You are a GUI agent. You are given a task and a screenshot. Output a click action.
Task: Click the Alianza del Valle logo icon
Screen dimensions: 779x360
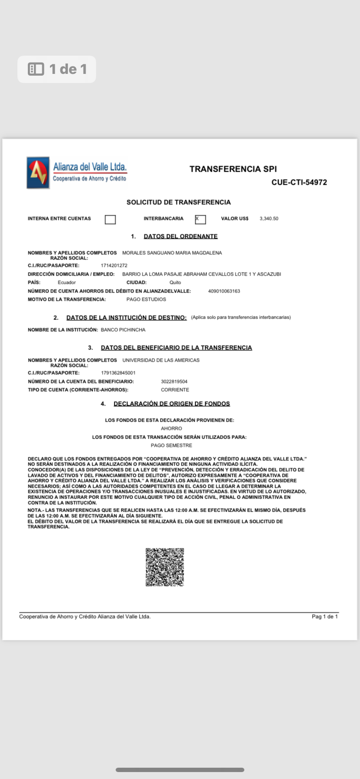38,173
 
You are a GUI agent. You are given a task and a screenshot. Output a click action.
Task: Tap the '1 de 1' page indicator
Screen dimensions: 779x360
57,69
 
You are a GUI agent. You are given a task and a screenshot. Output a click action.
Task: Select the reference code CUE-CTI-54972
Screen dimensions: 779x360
299,183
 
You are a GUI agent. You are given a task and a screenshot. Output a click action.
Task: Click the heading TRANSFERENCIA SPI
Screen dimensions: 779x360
233,169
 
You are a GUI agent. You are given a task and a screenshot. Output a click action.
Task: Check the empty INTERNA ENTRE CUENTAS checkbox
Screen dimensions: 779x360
110,220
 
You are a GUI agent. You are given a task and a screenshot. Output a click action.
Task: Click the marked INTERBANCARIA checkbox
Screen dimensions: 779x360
200,220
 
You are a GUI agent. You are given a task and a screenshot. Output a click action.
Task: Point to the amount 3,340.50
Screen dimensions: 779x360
269,219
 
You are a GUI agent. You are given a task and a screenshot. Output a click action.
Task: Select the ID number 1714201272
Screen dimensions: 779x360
114,266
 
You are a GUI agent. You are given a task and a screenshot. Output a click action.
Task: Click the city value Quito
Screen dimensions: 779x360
175,283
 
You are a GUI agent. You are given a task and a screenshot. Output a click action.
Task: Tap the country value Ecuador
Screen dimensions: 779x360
67,283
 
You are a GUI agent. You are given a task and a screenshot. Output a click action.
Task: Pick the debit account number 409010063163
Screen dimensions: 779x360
224,291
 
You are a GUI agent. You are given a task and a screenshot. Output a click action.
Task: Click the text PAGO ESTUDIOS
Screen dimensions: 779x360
146,300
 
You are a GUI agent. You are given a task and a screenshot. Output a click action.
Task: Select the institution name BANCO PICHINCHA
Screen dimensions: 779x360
123,330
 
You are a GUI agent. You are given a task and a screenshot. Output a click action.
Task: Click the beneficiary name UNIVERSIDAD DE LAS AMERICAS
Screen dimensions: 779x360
161,360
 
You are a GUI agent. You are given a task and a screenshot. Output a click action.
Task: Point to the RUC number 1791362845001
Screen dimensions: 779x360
118,373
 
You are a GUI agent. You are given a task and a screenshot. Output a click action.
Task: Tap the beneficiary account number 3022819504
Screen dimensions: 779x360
174,382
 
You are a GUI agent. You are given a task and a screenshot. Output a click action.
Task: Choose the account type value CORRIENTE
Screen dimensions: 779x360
175,390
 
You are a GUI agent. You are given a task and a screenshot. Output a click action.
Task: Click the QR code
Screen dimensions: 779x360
165,567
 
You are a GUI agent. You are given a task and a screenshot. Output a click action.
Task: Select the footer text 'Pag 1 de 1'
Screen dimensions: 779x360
325,617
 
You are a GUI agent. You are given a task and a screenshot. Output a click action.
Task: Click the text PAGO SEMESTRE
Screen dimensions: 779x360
171,446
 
